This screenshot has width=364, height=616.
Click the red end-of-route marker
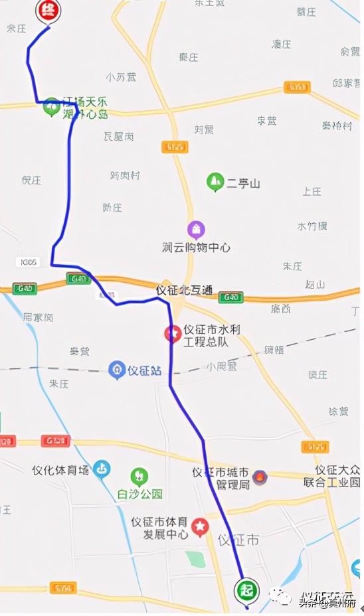pyautogui.click(x=47, y=11)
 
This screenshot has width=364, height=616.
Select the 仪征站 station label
pyautogui.click(x=145, y=369)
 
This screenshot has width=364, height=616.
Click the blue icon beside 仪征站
pyautogui.click(x=117, y=369)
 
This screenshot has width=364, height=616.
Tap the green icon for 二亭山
pyautogui.click(x=215, y=181)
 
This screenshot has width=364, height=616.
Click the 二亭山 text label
pyautogui.click(x=244, y=183)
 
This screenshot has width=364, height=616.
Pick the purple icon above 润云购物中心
pyautogui.click(x=196, y=230)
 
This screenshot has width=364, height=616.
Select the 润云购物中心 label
pyautogui.click(x=196, y=247)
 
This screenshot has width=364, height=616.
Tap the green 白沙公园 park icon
pyautogui.click(x=139, y=477)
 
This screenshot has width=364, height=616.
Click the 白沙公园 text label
pyautogui.click(x=139, y=493)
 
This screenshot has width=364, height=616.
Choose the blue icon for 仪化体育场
pyautogui.click(x=102, y=469)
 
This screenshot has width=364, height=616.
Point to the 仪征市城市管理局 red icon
pyautogui.click(x=260, y=478)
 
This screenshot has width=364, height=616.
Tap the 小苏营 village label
pyautogui.click(x=121, y=77)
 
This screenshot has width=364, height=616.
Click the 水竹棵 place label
pyautogui.click(x=312, y=226)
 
